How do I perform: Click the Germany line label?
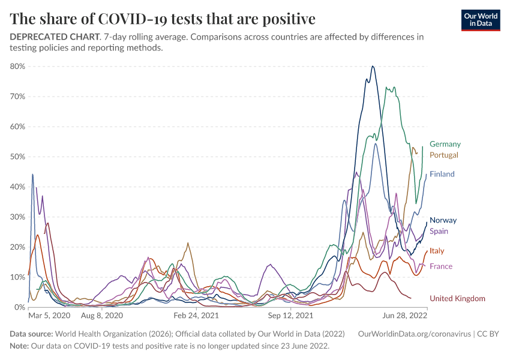click(x=445, y=144)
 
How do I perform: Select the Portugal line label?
click(x=443, y=155)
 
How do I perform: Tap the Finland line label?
click(x=442, y=174)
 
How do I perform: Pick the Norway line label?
click(x=443, y=220)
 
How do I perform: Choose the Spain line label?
click(x=439, y=231)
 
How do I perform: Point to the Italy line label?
click(x=437, y=251)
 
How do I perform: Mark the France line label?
click(x=441, y=266)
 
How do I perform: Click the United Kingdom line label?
click(x=457, y=298)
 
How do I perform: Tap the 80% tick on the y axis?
click(x=17, y=66)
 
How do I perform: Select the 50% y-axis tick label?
click(x=17, y=157)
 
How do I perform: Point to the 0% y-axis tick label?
click(x=19, y=307)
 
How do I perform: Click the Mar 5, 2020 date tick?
click(x=49, y=314)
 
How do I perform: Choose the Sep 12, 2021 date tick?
click(x=290, y=314)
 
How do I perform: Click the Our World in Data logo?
click(x=480, y=19)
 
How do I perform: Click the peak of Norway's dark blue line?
click(x=373, y=67)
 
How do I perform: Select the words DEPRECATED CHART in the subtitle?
click(x=54, y=37)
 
